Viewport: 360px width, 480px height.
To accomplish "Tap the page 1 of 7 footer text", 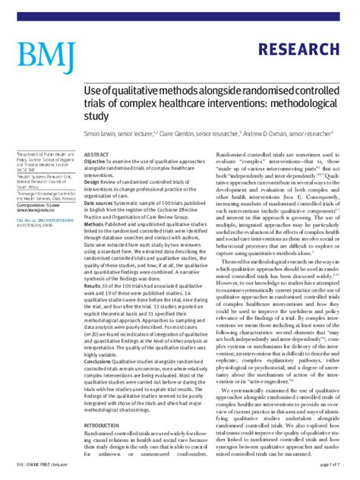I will click(x=334, y=463).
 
